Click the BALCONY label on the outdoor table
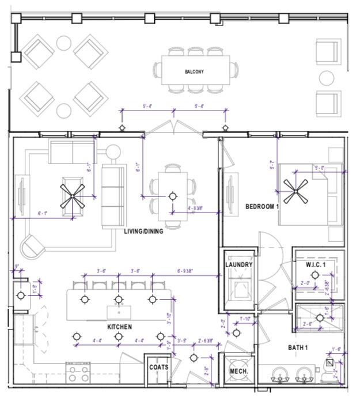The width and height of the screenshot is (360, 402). click(194, 72)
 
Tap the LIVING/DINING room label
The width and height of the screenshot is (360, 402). click(143, 232)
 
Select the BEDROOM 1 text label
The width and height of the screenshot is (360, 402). click(262, 206)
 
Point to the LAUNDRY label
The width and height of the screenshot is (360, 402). click(239, 265)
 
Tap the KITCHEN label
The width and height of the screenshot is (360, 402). click(120, 327)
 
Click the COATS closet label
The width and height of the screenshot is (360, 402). click(158, 367)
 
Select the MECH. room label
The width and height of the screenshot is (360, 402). click(238, 372)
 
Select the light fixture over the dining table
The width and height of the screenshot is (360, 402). click(172, 196)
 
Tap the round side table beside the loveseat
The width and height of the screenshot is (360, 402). click(113, 151)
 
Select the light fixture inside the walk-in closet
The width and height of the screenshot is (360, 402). click(302, 283)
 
